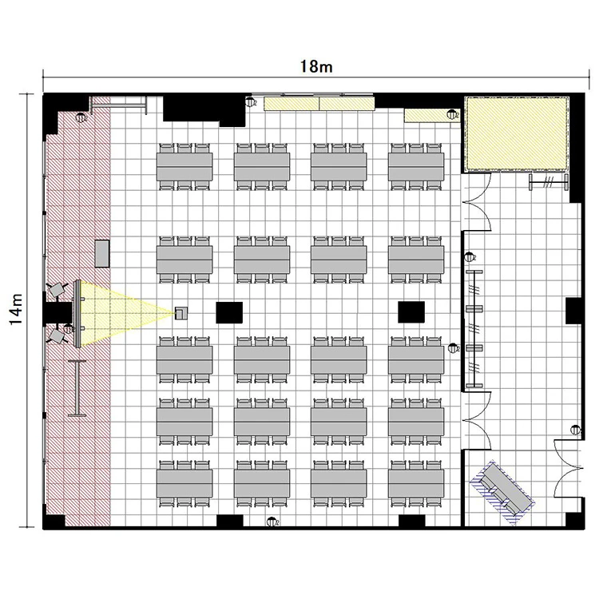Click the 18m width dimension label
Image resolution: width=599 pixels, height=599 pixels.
tap(316, 66)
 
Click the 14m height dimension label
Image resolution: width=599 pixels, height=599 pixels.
tap(16, 309)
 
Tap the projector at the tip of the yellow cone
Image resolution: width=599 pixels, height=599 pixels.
tap(181, 313)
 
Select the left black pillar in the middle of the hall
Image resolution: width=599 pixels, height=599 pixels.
tap(229, 312)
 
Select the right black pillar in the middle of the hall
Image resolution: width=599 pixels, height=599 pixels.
tap(411, 311)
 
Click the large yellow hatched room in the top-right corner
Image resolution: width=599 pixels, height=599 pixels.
tap(516, 133)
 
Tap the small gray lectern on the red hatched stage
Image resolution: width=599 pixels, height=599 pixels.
tap(102, 254)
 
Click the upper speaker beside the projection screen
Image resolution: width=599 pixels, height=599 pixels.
tap(58, 290)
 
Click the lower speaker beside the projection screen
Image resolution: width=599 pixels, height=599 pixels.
tap(58, 336)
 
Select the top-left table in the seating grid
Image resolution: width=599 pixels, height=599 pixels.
tap(184, 167)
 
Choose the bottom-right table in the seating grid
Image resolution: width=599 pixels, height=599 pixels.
tap(416, 484)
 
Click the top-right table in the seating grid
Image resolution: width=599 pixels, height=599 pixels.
tap(416, 167)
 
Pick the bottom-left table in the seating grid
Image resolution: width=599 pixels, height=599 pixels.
tap(184, 484)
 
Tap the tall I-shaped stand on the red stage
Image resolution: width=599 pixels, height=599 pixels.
tap(77, 388)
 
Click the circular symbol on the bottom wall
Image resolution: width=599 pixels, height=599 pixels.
tap(272, 521)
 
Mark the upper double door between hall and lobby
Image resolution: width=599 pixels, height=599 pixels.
tap(476, 201)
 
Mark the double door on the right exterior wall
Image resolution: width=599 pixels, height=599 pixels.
tap(569, 469)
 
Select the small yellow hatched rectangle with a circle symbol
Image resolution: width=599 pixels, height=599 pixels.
tap(432, 115)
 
